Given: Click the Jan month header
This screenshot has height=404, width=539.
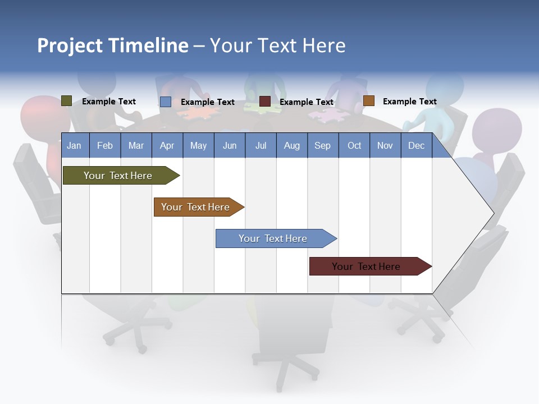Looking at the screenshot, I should coord(74,146).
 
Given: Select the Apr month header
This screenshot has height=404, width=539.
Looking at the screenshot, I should coord(167,146).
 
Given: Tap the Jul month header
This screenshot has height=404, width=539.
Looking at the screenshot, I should coord(261,146).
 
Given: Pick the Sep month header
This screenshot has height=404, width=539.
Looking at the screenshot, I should coord(322,146).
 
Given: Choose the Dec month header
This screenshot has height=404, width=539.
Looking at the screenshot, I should coord(416,146).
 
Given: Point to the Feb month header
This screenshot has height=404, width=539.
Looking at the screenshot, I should coord(105,146).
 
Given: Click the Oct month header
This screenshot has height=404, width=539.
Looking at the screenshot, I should coord(354,146).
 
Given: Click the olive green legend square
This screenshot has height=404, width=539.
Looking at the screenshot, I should coord(67,101).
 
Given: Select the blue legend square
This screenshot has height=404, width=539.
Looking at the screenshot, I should coord(166,102).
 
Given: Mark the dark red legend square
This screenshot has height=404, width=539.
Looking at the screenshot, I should coord(265,102).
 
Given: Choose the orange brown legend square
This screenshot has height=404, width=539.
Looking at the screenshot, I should coord(369,101).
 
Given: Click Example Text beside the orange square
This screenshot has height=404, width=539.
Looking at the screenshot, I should coord(409,102).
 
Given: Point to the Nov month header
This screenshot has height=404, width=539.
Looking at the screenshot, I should coord(385,146).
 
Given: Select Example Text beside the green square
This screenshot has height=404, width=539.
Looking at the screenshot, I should coord(108,102).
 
